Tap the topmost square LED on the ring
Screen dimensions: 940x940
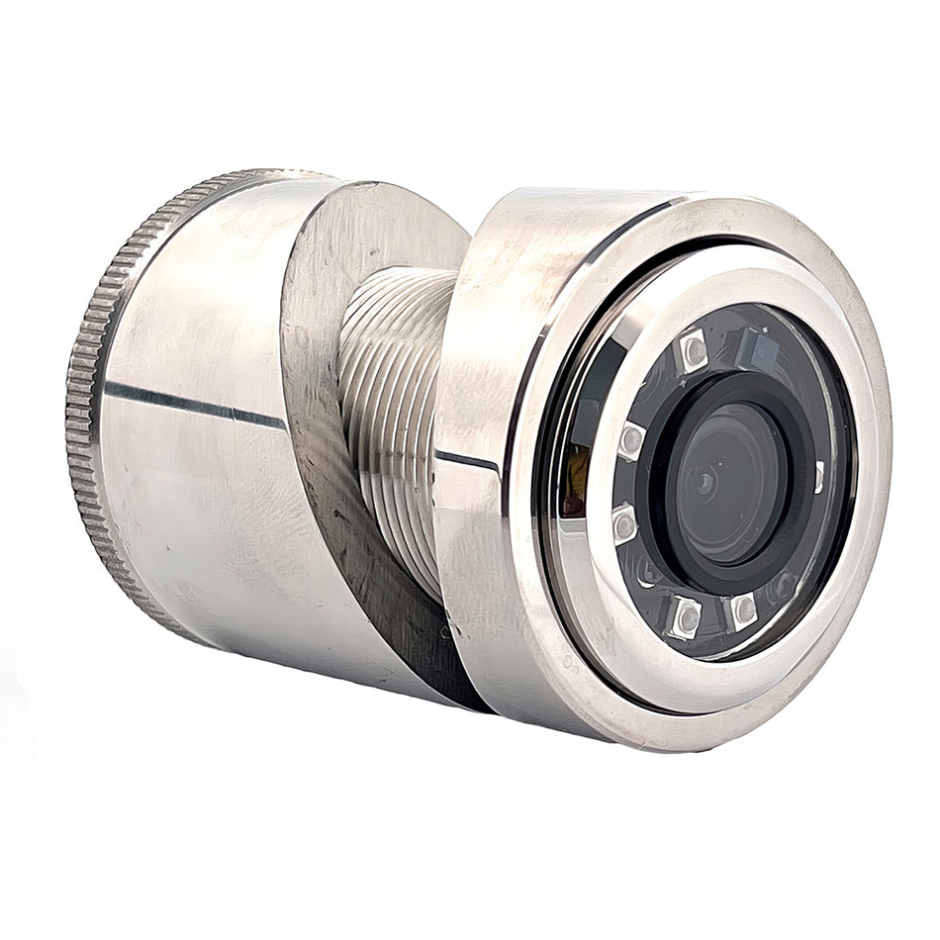(693, 350)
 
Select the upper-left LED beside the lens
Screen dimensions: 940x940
(631, 439)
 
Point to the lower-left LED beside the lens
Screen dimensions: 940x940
(624, 522)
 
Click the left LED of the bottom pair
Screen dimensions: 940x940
(685, 617)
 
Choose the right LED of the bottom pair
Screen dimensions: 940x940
(742, 611)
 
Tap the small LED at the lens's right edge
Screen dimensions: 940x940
(819, 477)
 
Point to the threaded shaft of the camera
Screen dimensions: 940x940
(391, 396)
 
